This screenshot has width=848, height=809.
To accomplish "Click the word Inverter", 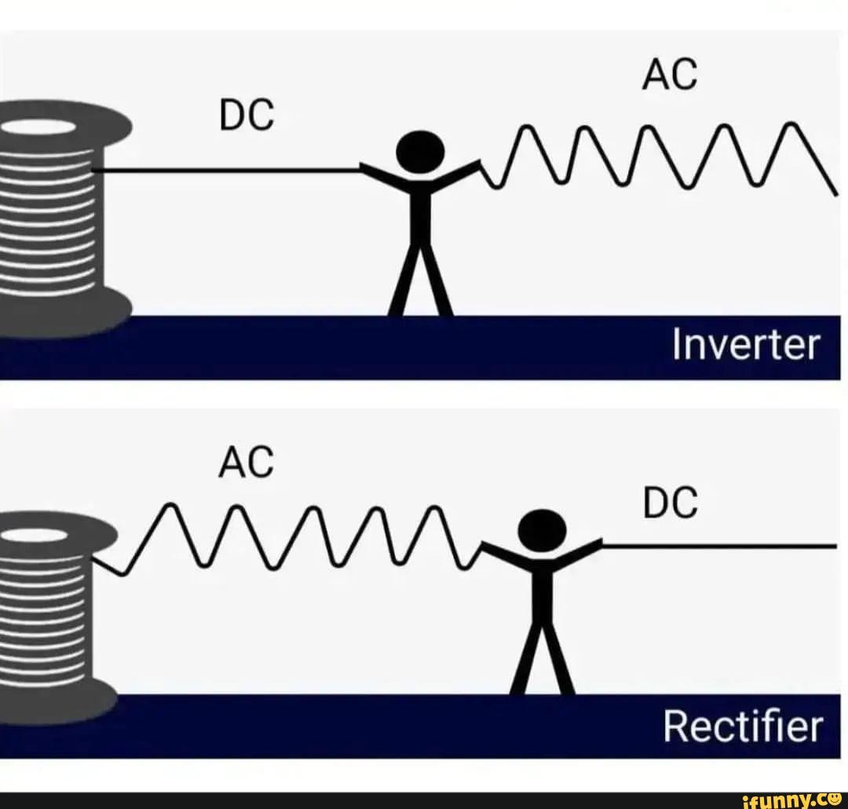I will coord(745,346).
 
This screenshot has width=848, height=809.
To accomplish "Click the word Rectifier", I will coord(742,726).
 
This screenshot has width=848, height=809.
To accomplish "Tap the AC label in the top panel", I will coord(670,76).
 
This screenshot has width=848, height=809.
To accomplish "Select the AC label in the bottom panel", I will coord(246,463).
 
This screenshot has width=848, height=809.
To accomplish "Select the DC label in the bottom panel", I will coord(670,503).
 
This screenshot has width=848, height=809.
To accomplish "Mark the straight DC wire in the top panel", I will coord(228,170).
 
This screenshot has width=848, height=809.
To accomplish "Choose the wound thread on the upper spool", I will coord(47,228).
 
